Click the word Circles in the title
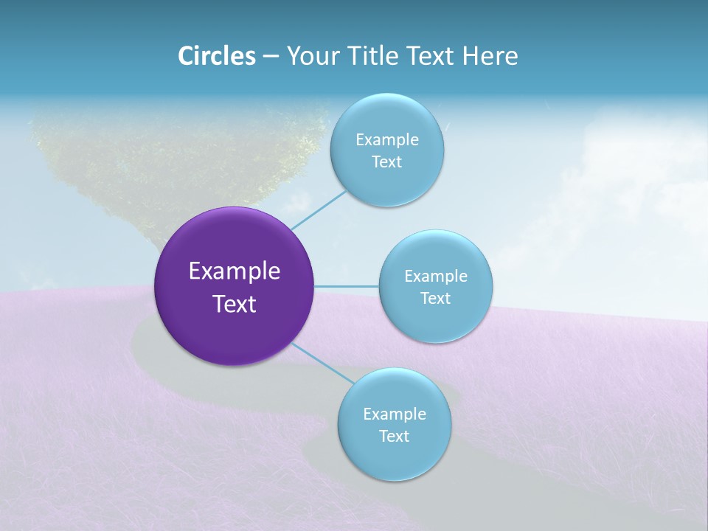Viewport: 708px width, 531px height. [x=217, y=56]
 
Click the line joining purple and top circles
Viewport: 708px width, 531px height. [x=319, y=209]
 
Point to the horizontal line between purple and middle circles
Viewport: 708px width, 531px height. [x=347, y=286]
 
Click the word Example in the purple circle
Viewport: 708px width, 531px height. [x=235, y=271]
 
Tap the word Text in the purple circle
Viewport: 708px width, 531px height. [x=235, y=304]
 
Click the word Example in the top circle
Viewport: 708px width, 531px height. [x=386, y=139]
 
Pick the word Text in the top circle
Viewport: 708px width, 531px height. [x=386, y=162]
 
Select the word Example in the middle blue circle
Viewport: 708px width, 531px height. [x=435, y=276]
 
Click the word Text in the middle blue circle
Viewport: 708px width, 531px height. [x=435, y=298]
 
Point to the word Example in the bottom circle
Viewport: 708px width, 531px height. [x=394, y=414]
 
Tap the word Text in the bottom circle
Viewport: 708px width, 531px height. [x=394, y=436]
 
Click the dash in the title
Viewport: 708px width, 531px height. [x=271, y=57]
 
